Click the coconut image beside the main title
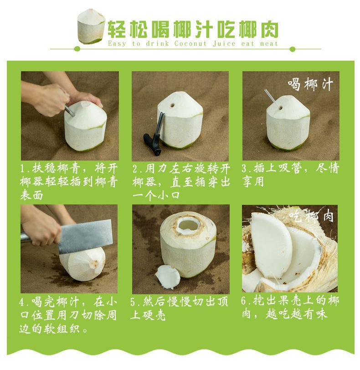[91, 26]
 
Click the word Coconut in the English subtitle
[190, 44]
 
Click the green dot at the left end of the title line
[77, 49]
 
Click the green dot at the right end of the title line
[293, 49]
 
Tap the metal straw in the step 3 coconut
[271, 98]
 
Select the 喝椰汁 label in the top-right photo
[310, 84]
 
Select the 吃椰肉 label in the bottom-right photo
[311, 216]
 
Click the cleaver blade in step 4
[85, 236]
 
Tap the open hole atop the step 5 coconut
[188, 225]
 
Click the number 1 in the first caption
[23, 169]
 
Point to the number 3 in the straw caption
[245, 168]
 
